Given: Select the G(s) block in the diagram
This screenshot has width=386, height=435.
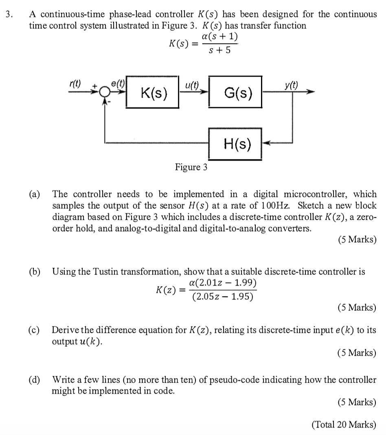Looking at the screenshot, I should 235,93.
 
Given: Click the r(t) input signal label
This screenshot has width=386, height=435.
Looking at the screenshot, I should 75,84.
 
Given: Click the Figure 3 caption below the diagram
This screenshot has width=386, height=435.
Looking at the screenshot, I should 191,167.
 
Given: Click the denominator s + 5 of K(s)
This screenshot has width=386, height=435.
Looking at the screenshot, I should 219,51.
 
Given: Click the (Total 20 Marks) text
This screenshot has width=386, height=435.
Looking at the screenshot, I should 343,425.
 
